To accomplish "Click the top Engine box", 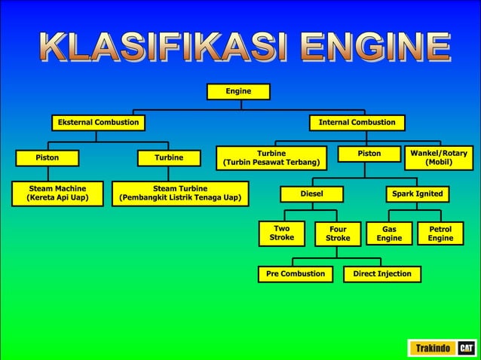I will pos(238,92).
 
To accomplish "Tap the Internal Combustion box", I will pos(357,122).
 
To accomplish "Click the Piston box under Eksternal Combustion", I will pos(47,158).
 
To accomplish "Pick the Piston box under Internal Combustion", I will pos(369,154).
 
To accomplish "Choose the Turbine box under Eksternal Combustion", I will pos(169,158).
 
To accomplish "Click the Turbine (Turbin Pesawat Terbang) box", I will pos(271,158).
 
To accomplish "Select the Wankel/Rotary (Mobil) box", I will pos(439,158).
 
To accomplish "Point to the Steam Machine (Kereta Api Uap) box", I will pos(57,194).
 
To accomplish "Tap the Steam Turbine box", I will pos(180,194).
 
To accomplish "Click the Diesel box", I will pos(311,194).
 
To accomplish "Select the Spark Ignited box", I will pos(417,194).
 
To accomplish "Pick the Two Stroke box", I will pos(281,233).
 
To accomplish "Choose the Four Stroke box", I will pos(338,233).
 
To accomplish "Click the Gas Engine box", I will pos(389,233).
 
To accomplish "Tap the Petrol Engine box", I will pos(440,233).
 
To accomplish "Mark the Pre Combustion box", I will pos(295,274).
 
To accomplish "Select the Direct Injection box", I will pos(382,274).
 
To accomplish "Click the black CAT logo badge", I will pos(467,348).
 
